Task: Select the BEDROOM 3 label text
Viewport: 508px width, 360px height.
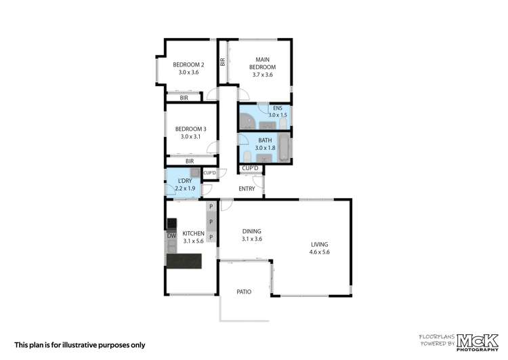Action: [x=190, y=133]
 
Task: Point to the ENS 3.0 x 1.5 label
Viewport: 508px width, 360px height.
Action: [x=277, y=112]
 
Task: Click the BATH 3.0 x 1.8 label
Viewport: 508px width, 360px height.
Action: [x=264, y=144]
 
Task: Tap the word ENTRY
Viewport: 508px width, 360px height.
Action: [x=247, y=188]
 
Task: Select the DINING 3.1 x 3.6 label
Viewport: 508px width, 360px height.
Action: [x=251, y=235]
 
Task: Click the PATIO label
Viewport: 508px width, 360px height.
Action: [x=244, y=292]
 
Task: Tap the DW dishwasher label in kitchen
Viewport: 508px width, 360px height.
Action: [x=171, y=236]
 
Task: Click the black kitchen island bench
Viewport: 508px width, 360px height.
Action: [x=185, y=261]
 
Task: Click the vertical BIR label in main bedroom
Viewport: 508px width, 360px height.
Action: [x=222, y=62]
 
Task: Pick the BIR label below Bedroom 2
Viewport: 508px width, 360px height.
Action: [x=184, y=98]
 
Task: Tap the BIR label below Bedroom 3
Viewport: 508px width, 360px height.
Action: [x=190, y=161]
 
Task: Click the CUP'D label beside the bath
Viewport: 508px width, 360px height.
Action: [x=250, y=168]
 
